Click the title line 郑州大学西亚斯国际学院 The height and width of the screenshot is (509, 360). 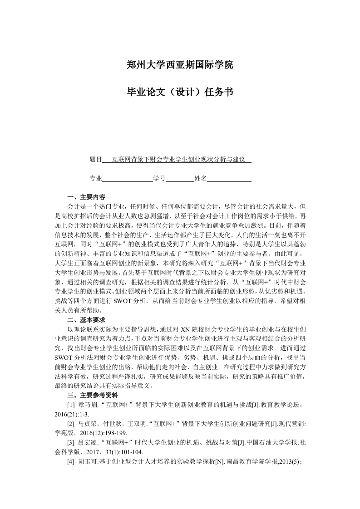click(x=180, y=65)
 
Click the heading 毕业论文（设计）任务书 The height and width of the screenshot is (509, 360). click(x=180, y=93)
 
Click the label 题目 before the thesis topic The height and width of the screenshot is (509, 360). click(x=96, y=160)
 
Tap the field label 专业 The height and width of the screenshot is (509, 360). click(x=96, y=179)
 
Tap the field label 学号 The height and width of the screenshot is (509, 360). click(x=159, y=179)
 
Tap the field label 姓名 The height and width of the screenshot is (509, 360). click(x=200, y=179)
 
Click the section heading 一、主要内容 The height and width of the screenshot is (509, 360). click(x=86, y=198)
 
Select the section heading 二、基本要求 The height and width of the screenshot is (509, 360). click(x=86, y=320)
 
